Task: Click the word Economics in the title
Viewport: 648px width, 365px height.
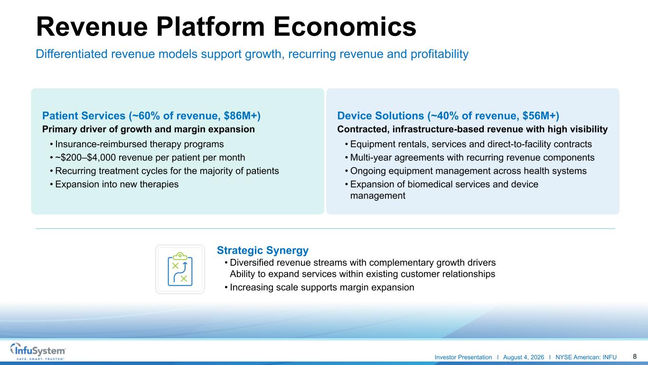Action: tap(345, 27)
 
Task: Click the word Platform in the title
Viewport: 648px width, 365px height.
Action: tap(210, 27)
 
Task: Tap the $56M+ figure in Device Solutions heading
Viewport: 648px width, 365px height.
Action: tap(541, 116)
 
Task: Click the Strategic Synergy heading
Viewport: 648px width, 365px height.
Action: tap(263, 251)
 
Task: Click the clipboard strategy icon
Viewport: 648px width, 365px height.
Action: tap(180, 269)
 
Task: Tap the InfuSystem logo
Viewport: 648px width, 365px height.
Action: tap(38, 351)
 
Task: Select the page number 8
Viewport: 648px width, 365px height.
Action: tap(635, 356)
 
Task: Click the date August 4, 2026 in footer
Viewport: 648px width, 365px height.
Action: tap(524, 357)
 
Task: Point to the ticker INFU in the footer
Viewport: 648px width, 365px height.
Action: tap(610, 357)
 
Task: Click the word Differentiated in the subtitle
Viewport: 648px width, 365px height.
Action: tap(72, 54)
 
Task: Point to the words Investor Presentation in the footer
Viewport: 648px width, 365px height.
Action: tap(463, 357)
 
